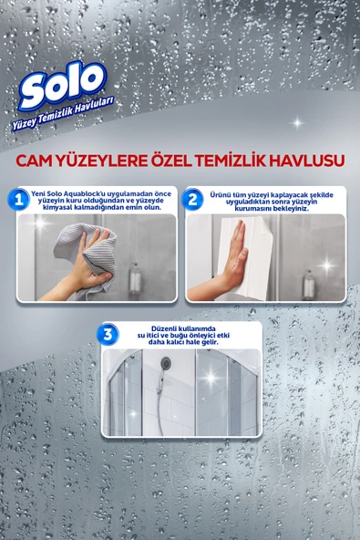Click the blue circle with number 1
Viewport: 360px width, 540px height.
(18, 199)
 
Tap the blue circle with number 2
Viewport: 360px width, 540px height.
(193, 199)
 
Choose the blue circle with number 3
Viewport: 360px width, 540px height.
(109, 334)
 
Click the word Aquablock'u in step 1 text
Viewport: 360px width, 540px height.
(92, 193)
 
